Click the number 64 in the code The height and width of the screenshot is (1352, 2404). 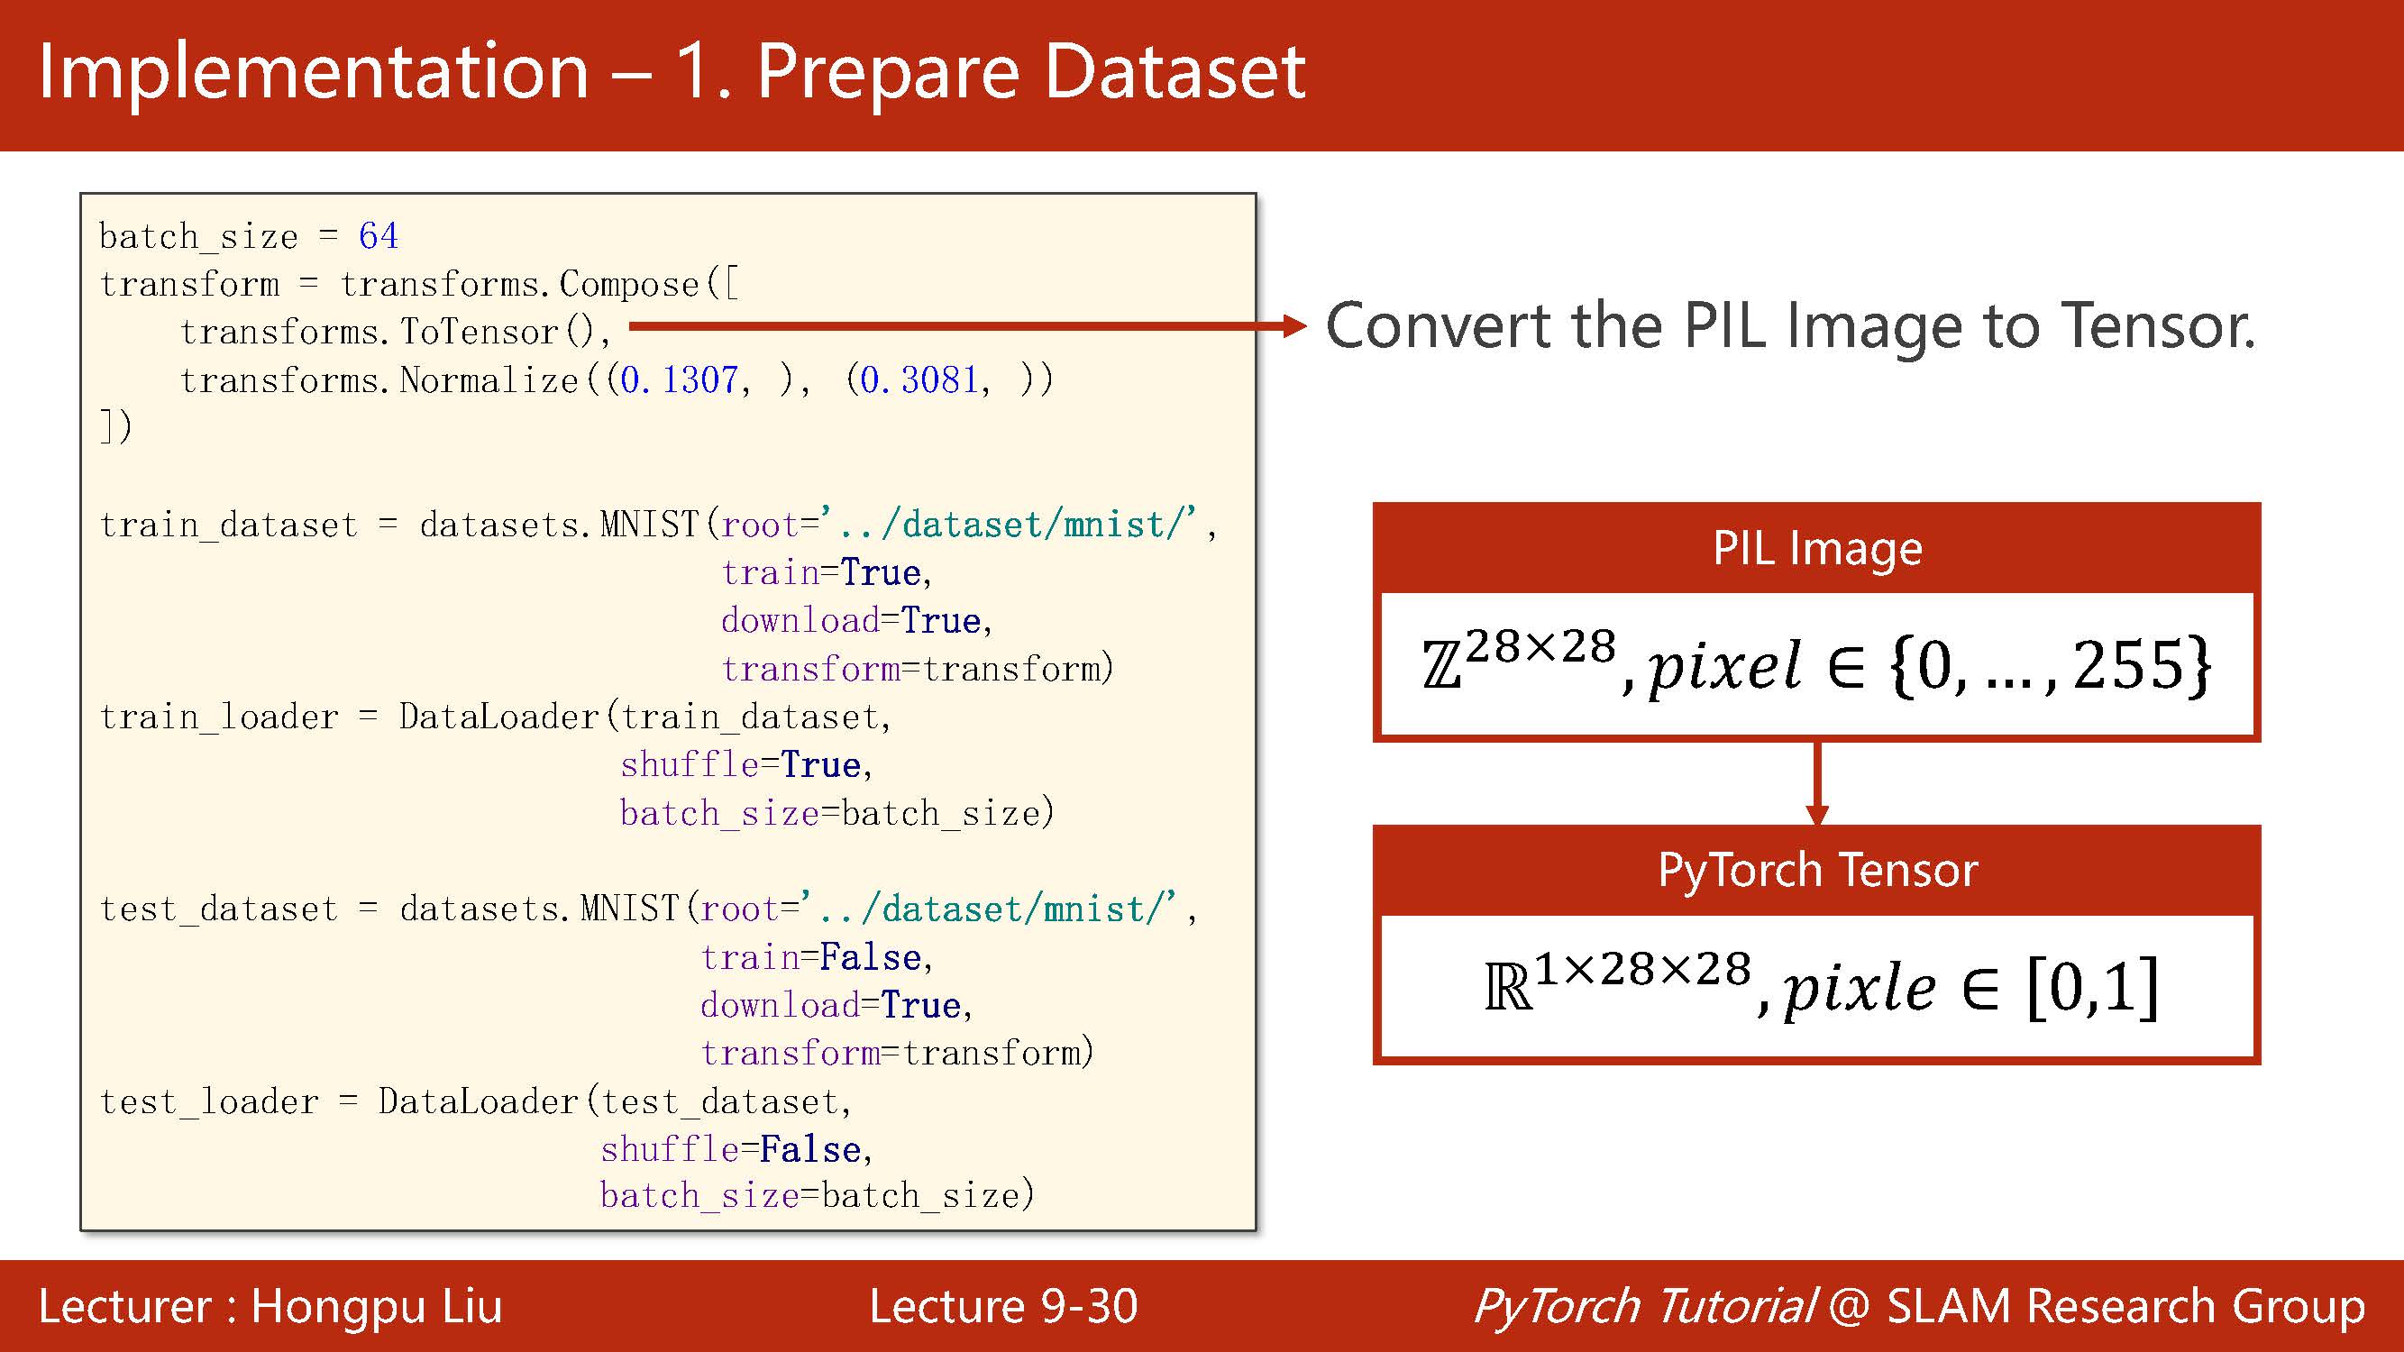coord(378,236)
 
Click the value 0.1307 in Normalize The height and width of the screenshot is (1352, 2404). coord(679,379)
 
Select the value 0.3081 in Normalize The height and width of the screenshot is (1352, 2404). coord(919,379)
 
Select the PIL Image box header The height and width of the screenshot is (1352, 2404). coord(1816,548)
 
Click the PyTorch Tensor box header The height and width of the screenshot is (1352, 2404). coord(1816,870)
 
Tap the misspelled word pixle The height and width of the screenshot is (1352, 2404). coord(1859,989)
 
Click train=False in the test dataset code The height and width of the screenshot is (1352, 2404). coord(811,957)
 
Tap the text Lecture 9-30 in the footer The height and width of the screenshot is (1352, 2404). coord(1003,1305)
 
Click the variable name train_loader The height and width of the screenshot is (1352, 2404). coord(218,717)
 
